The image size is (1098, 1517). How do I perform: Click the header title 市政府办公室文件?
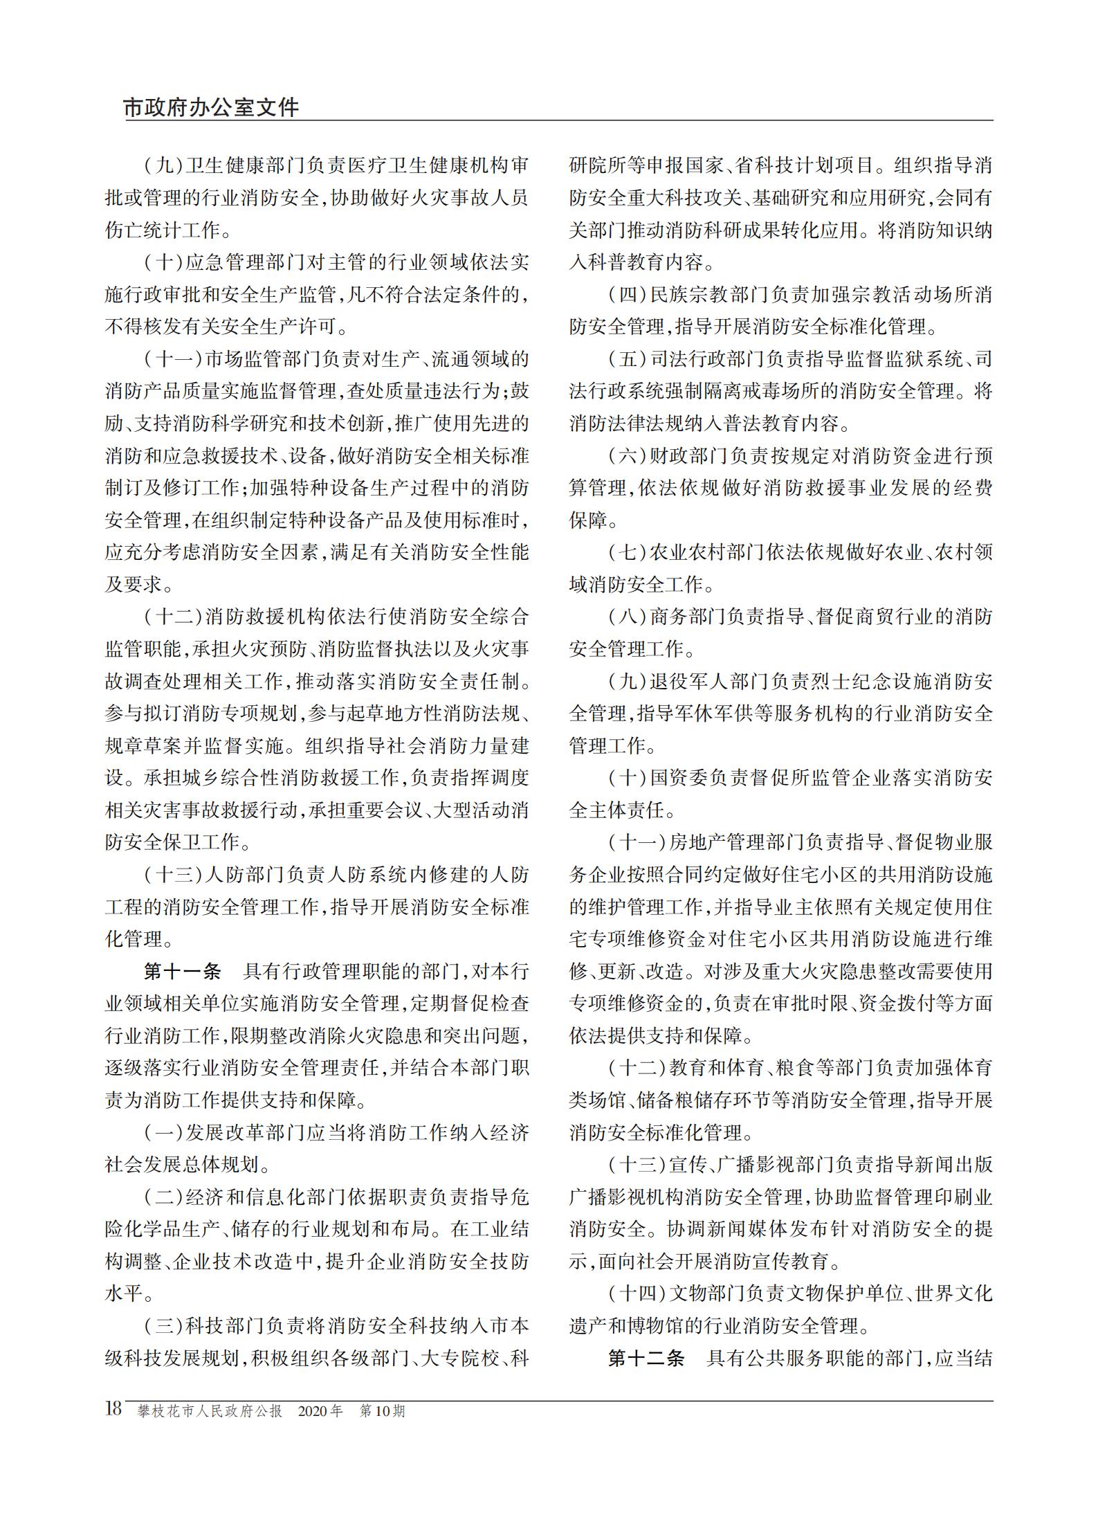pyautogui.click(x=211, y=108)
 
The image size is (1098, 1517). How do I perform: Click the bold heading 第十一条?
pyautogui.click(x=181, y=971)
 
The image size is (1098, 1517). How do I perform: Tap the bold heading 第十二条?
pyautogui.click(x=646, y=1358)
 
